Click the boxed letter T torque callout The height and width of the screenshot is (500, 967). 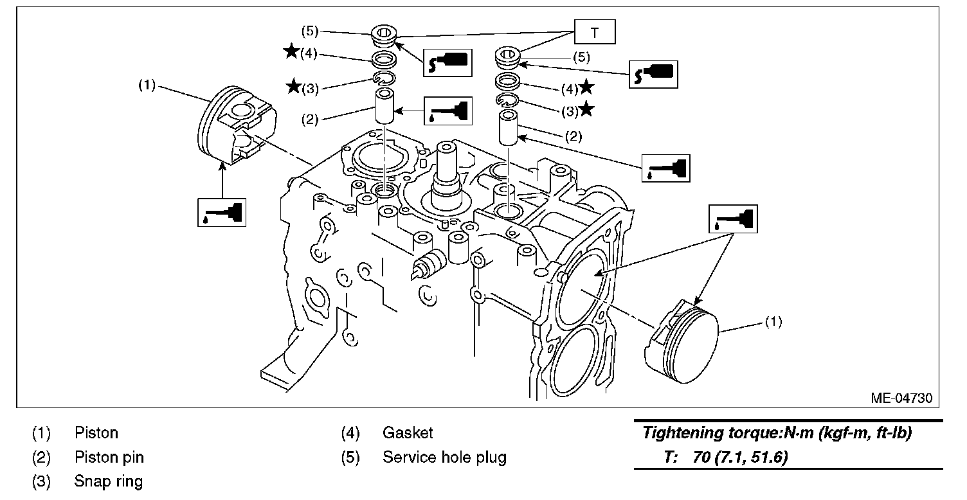[595, 32]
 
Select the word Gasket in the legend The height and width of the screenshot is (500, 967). [408, 433]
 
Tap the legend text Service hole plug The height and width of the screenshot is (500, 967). [444, 458]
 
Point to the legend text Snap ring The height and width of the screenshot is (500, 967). [108, 481]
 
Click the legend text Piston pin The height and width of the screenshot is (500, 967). [109, 458]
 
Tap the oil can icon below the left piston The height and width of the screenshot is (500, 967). [221, 211]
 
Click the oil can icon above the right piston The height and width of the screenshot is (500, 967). [733, 219]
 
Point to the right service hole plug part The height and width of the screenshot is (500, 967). [508, 58]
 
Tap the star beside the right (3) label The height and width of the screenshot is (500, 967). [586, 110]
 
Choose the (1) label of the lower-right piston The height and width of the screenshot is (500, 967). [773, 323]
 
